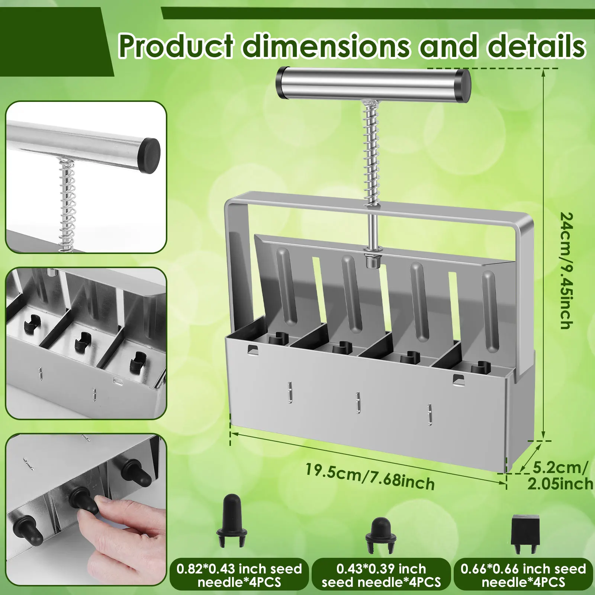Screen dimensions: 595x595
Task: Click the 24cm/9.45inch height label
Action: (567, 271)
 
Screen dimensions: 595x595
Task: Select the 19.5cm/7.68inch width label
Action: (370, 476)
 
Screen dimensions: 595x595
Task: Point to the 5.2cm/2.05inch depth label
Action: (560, 476)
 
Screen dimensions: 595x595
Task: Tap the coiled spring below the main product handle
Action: (372, 152)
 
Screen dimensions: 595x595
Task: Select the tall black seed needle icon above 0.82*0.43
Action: (232, 520)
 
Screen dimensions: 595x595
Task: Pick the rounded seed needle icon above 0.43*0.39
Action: (381, 534)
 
